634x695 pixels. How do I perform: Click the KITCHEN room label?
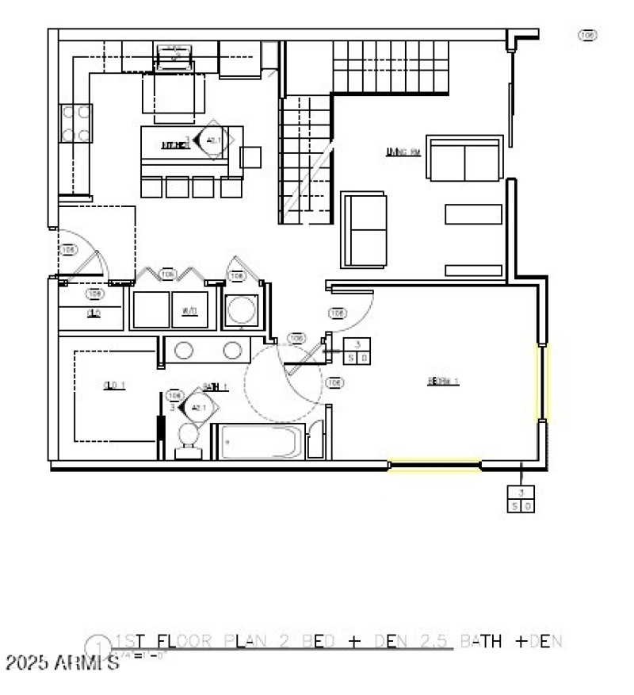[x=174, y=145]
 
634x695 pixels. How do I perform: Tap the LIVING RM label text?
[x=402, y=152]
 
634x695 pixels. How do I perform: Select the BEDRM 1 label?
[x=443, y=381]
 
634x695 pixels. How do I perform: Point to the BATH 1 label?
[x=215, y=387]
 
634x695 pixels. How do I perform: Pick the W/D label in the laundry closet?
[x=189, y=310]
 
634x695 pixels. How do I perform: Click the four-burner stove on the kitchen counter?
[x=76, y=124]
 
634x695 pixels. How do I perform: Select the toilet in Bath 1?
[x=189, y=440]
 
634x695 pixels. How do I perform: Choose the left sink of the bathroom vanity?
[x=184, y=350]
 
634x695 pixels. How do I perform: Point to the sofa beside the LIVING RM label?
[x=464, y=158]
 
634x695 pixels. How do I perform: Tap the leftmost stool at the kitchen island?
[x=151, y=186]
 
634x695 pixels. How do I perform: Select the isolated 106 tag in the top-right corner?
[x=587, y=35]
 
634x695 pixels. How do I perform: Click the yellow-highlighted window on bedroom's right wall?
[x=544, y=383]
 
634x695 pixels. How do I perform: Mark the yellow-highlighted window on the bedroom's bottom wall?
[x=434, y=466]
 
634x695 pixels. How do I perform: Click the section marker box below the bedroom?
[x=521, y=498]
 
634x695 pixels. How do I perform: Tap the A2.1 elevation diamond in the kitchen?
[x=212, y=140]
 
